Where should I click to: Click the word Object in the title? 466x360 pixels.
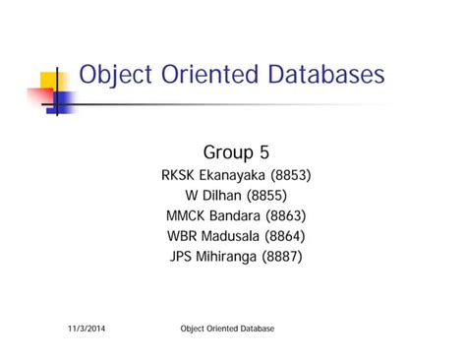click(114, 76)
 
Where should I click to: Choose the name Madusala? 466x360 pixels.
click(237, 237)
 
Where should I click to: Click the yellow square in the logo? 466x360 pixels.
click(49, 82)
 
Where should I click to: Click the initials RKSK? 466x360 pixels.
click(180, 176)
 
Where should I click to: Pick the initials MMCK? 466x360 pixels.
click(187, 216)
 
